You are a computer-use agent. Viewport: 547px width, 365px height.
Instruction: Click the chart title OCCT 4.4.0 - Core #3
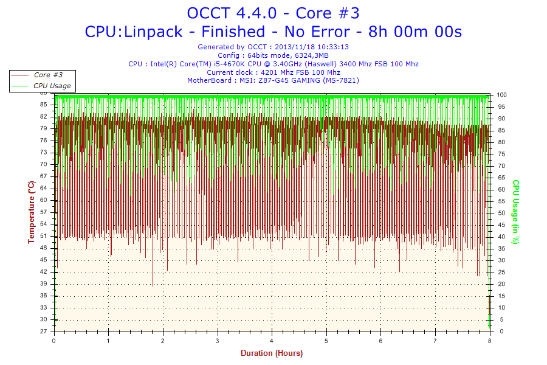273,13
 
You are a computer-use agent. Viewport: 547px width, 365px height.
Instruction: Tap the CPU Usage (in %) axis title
515,212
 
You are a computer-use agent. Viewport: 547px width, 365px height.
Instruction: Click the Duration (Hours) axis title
272,353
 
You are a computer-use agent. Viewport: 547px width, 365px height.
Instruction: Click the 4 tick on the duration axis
272,341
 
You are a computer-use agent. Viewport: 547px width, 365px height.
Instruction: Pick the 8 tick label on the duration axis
489,341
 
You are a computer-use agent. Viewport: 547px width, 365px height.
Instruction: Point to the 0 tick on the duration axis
54,341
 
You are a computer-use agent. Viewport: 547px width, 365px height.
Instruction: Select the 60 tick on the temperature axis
43,200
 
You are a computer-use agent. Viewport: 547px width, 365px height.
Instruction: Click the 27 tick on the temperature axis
43,332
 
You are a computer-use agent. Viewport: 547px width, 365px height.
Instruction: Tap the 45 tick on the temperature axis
43,260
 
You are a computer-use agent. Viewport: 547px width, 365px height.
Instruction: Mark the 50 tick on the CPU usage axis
501,213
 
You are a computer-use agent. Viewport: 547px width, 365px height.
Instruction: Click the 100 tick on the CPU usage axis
502,95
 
